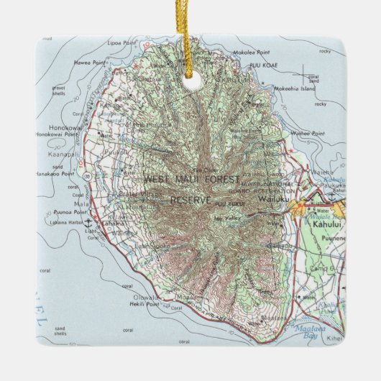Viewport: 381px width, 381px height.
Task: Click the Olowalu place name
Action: (x=144, y=297)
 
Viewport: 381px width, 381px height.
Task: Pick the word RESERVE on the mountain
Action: (x=190, y=200)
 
